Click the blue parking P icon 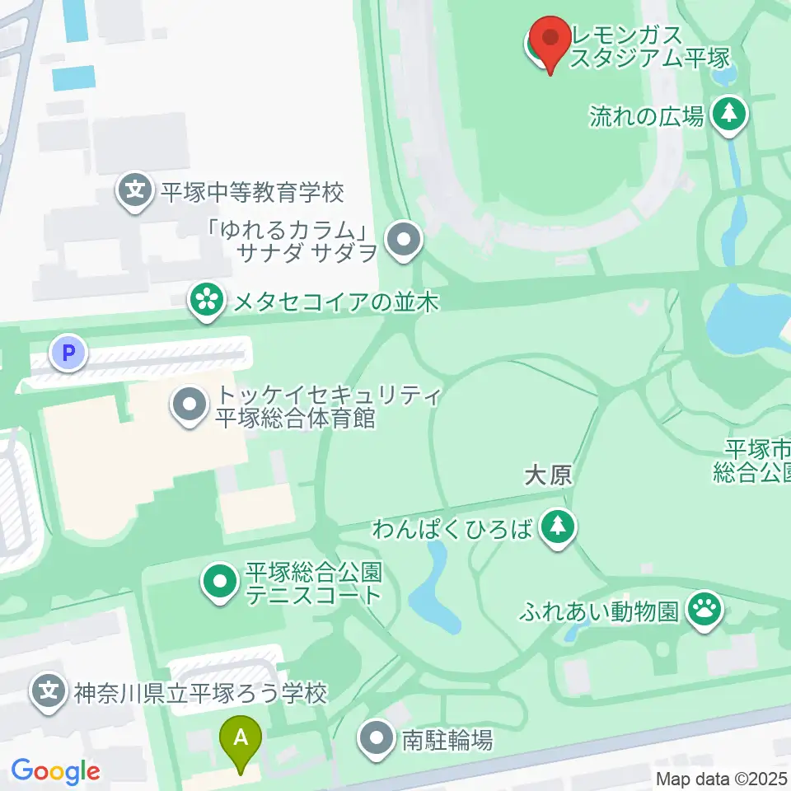click(x=69, y=354)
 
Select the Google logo click(x=55, y=771)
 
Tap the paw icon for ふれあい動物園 click(x=706, y=611)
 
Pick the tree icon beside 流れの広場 click(x=728, y=115)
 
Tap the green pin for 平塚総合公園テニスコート click(x=219, y=583)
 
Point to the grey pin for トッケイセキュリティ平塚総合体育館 click(x=190, y=406)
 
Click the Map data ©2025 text click(x=721, y=778)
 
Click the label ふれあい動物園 click(x=599, y=611)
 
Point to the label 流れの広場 click(x=647, y=115)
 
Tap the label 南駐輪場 click(x=447, y=740)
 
